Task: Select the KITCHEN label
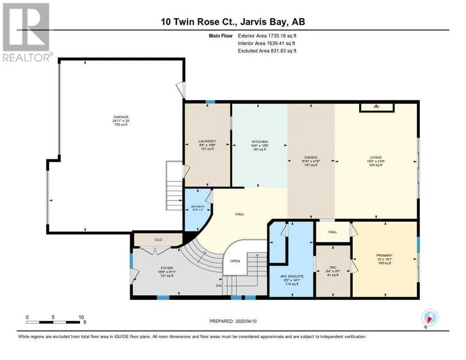coord(259,141)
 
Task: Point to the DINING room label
coord(311,157)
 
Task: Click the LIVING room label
coord(376,157)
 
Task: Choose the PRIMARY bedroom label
coord(384,256)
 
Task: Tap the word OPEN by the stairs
coord(235,261)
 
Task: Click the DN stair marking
coord(218,285)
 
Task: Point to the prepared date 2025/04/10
coord(251,321)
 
